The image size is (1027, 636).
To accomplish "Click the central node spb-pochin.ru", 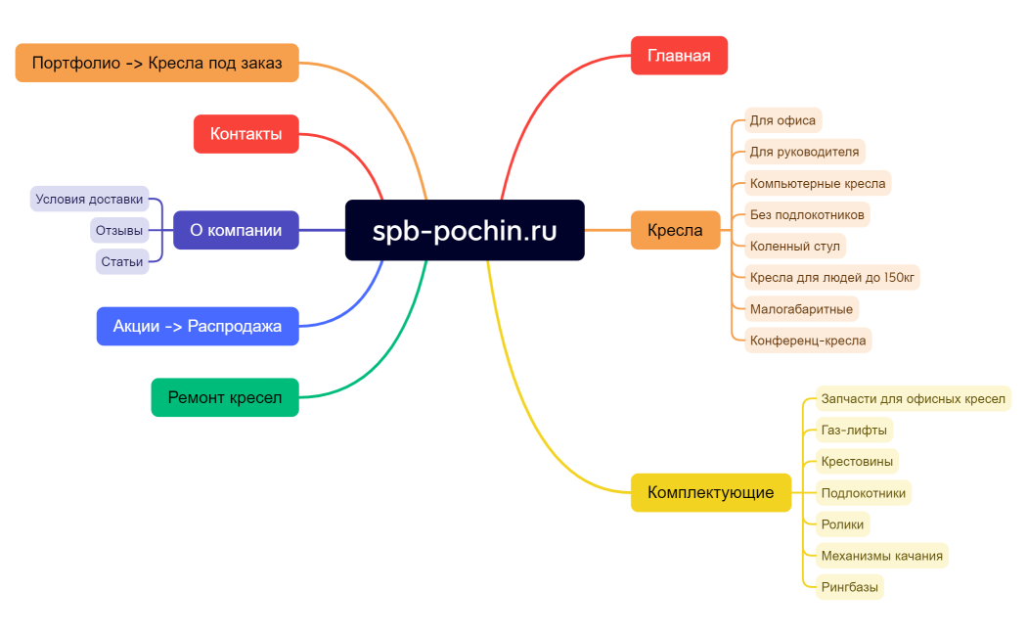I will click(x=465, y=231).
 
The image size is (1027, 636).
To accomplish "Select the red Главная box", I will click(x=679, y=56).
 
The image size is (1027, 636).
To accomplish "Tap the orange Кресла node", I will click(x=675, y=231).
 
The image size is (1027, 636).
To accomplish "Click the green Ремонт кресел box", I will click(x=225, y=397).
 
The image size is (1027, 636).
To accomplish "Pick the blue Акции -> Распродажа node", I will click(x=198, y=327).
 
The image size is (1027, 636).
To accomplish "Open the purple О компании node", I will click(x=236, y=231).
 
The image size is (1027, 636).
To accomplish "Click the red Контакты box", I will click(x=246, y=134).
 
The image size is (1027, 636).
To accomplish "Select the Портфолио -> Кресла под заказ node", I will click(x=156, y=63).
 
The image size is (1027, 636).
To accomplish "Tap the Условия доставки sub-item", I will click(x=89, y=200).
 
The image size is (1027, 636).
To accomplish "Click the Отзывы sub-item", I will click(x=119, y=231).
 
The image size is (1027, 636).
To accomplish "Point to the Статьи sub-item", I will click(x=122, y=262).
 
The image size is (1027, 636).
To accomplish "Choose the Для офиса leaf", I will click(x=782, y=120).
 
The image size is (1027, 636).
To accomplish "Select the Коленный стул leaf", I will click(x=794, y=246).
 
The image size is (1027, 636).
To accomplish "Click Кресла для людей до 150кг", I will click(x=831, y=277).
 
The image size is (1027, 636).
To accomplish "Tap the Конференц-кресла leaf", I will click(x=807, y=341).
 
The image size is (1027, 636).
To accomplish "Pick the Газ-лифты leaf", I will click(x=854, y=430).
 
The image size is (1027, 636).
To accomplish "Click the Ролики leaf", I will click(x=842, y=524).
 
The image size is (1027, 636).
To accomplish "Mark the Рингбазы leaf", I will click(x=849, y=587).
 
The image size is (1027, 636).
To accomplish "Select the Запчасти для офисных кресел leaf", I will click(x=913, y=398).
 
